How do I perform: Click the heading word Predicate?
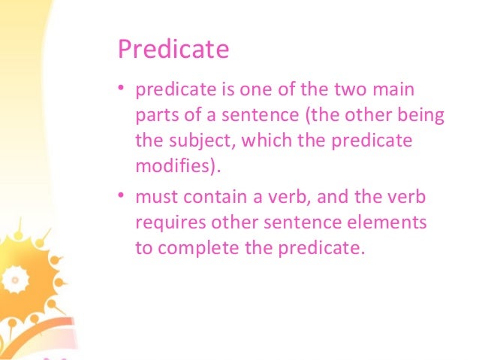point(173,50)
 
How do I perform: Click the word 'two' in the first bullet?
point(344,91)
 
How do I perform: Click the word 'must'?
point(155,198)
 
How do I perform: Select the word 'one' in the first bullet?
point(254,91)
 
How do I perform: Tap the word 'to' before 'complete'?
point(143,247)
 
